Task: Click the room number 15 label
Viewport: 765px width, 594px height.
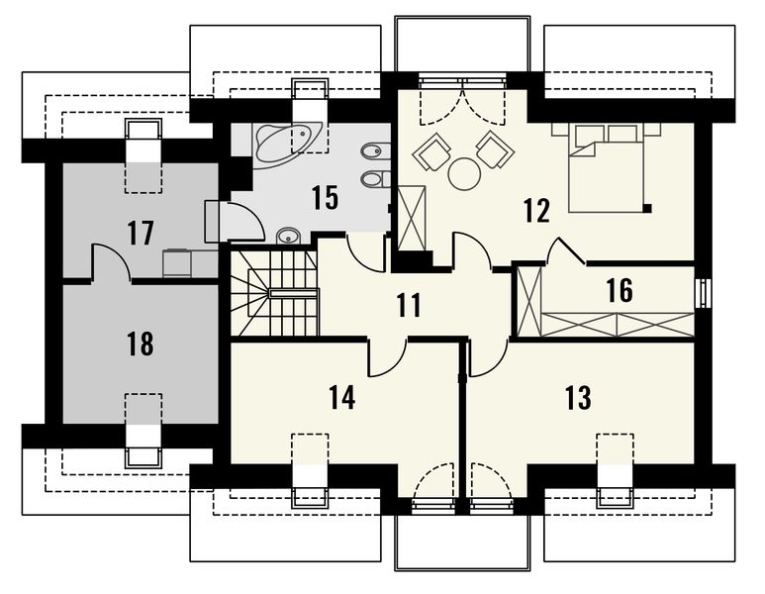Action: [325, 198]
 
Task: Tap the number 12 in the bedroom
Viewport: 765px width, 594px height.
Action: [536, 210]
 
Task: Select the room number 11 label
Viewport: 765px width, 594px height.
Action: [409, 305]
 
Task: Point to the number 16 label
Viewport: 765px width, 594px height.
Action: [620, 290]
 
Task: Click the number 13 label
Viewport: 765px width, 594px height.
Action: [578, 397]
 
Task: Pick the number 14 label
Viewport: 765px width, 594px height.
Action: [341, 397]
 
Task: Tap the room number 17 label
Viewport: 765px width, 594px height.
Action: [141, 233]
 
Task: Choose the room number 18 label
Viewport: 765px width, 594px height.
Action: [141, 344]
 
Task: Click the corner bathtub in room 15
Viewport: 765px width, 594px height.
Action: [288, 144]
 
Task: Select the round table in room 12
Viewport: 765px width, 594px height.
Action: [464, 174]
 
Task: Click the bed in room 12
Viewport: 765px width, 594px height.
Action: [610, 168]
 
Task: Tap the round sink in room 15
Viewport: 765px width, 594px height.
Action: [289, 237]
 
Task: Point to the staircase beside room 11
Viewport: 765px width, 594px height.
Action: [274, 293]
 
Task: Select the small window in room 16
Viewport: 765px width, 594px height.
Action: [703, 293]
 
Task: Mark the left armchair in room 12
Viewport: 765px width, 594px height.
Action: [431, 151]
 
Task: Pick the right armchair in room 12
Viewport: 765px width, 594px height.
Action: [496, 149]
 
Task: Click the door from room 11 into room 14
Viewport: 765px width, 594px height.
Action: [388, 357]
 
